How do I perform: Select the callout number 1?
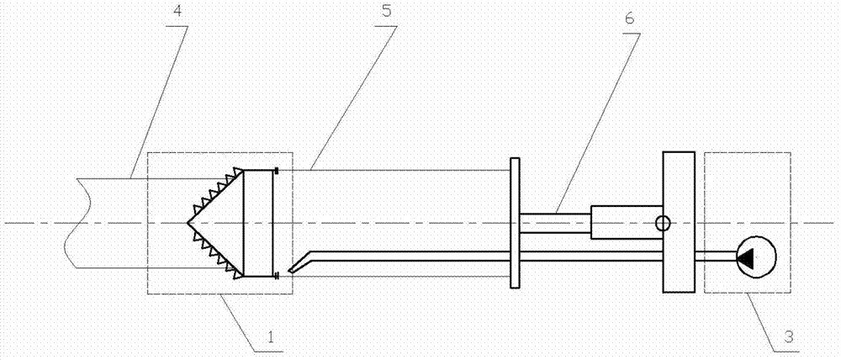(272, 338)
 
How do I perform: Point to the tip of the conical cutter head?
(188, 223)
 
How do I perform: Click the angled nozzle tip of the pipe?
(289, 271)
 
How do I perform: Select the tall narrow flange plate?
(515, 222)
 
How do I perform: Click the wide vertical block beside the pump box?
(679, 222)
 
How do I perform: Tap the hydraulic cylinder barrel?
(627, 222)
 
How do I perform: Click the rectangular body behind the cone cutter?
(258, 223)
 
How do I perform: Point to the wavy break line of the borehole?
(71, 223)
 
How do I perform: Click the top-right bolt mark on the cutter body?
(276, 171)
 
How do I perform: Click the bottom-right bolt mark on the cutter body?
(276, 276)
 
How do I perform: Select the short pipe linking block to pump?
(717, 257)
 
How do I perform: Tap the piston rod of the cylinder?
(555, 223)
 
